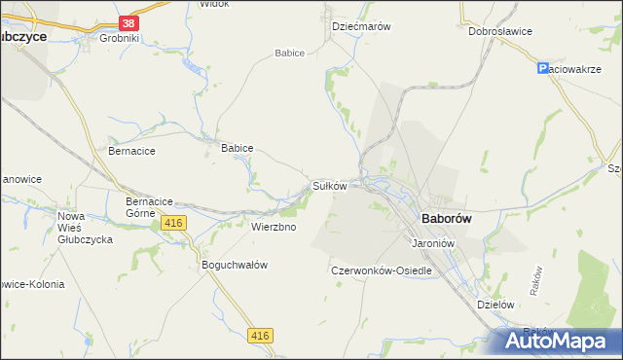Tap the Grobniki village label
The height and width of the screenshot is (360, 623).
pyautogui.click(x=121, y=39)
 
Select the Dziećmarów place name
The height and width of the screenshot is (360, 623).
pyautogui.click(x=361, y=26)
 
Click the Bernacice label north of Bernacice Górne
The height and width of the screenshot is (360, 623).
pyautogui.click(x=131, y=152)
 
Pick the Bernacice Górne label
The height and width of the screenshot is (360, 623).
pyautogui.click(x=149, y=206)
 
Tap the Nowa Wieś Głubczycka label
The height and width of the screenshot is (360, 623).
pyautogui.click(x=86, y=228)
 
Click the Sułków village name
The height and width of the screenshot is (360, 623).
pyautogui.click(x=329, y=185)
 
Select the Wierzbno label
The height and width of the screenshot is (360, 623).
pyautogui.click(x=274, y=227)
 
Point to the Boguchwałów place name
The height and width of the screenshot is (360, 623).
pyautogui.click(x=234, y=265)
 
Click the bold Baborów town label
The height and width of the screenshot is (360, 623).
pyautogui.click(x=446, y=220)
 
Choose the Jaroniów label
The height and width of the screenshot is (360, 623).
pyautogui.click(x=435, y=242)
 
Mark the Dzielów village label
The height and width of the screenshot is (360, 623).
pyautogui.click(x=495, y=304)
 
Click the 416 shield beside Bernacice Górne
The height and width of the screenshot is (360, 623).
pyautogui.click(x=174, y=224)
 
